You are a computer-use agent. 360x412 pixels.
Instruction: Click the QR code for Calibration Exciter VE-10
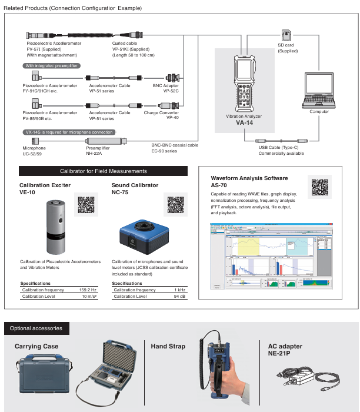click(x=86, y=203)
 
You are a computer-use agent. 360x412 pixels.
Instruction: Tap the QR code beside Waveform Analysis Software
click(x=319, y=186)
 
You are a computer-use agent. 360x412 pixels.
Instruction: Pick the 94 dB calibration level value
click(x=179, y=296)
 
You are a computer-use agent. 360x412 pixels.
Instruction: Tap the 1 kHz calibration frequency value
click(x=180, y=290)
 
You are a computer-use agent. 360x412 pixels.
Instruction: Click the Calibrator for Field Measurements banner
click(x=104, y=171)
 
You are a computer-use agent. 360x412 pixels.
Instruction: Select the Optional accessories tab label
click(x=36, y=328)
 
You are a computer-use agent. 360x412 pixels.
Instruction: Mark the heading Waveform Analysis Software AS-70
click(x=249, y=181)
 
